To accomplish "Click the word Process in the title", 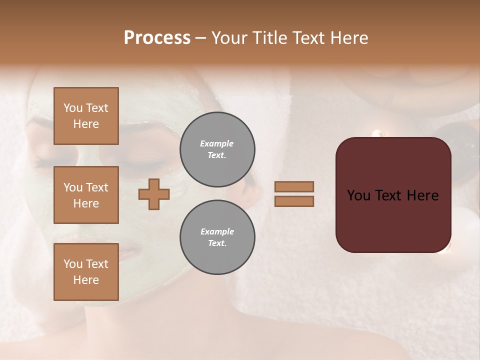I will pyautogui.click(x=157, y=38).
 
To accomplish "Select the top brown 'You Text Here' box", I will pyautogui.click(x=86, y=116).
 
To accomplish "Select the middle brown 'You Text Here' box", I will pyautogui.click(x=86, y=195).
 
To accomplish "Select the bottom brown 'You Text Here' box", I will pyautogui.click(x=86, y=272).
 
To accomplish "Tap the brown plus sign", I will pyautogui.click(x=154, y=194).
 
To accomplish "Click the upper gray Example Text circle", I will pyautogui.click(x=217, y=149).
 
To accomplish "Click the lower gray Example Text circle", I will pyautogui.click(x=217, y=237).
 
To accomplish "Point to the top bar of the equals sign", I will pyautogui.click(x=294, y=187).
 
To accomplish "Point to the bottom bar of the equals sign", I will pyautogui.click(x=294, y=201).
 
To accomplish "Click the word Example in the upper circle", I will pyautogui.click(x=217, y=143).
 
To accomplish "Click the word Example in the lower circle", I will pyautogui.click(x=217, y=231).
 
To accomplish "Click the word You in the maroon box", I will pyautogui.click(x=358, y=195).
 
